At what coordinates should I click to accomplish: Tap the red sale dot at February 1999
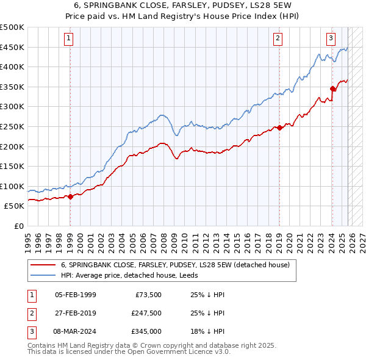point(70,196)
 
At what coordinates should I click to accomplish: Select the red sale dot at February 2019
point(279,128)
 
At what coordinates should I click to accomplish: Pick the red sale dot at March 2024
point(332,88)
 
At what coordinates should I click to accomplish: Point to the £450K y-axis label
point(12,47)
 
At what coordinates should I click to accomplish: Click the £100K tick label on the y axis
point(12,186)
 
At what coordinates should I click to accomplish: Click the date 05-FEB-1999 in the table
point(75,295)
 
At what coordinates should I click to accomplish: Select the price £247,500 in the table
point(147,313)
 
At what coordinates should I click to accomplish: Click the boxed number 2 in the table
point(30,313)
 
